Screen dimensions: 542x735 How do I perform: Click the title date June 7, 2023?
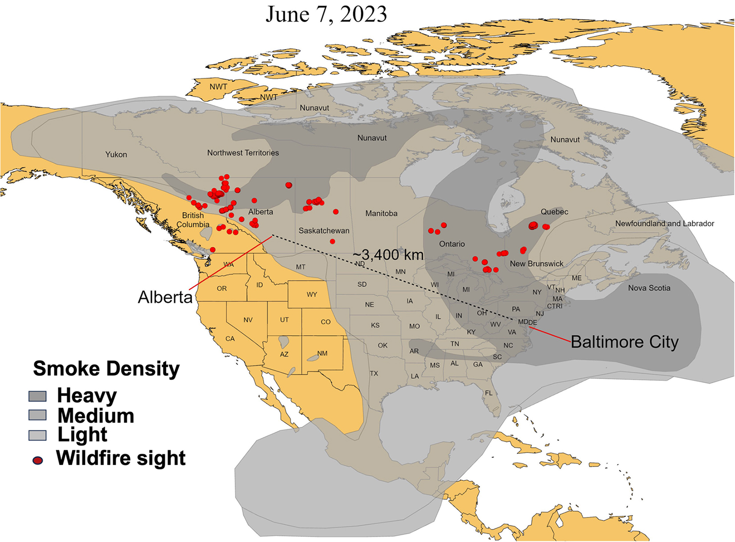[326, 14]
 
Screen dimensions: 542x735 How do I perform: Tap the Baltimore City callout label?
[624, 342]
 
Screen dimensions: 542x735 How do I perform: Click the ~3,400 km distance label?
[388, 254]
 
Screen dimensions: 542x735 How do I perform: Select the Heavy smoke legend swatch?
[38, 396]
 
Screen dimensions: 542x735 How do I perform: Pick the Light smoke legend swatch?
[38, 435]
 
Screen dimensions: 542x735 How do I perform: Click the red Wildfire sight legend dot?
[38, 460]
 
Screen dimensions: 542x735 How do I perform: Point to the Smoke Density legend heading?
[106, 369]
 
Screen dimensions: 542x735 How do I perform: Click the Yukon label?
[116, 154]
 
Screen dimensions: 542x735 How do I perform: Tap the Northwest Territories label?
[243, 153]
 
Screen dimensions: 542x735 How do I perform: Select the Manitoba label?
[381, 213]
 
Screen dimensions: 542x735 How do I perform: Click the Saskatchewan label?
[324, 230]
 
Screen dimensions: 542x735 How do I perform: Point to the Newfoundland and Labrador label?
[664, 223]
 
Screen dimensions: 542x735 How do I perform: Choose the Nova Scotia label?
[649, 288]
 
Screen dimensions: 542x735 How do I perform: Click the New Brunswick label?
[537, 264]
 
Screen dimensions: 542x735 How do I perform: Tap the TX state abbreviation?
[374, 373]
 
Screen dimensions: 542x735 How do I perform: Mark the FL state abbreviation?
[489, 393]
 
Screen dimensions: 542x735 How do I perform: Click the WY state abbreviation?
[312, 295]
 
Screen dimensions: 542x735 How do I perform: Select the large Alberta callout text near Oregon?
[165, 297]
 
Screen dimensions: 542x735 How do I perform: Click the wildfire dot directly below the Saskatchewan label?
[332, 242]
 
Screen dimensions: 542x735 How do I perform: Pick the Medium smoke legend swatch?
[38, 416]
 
